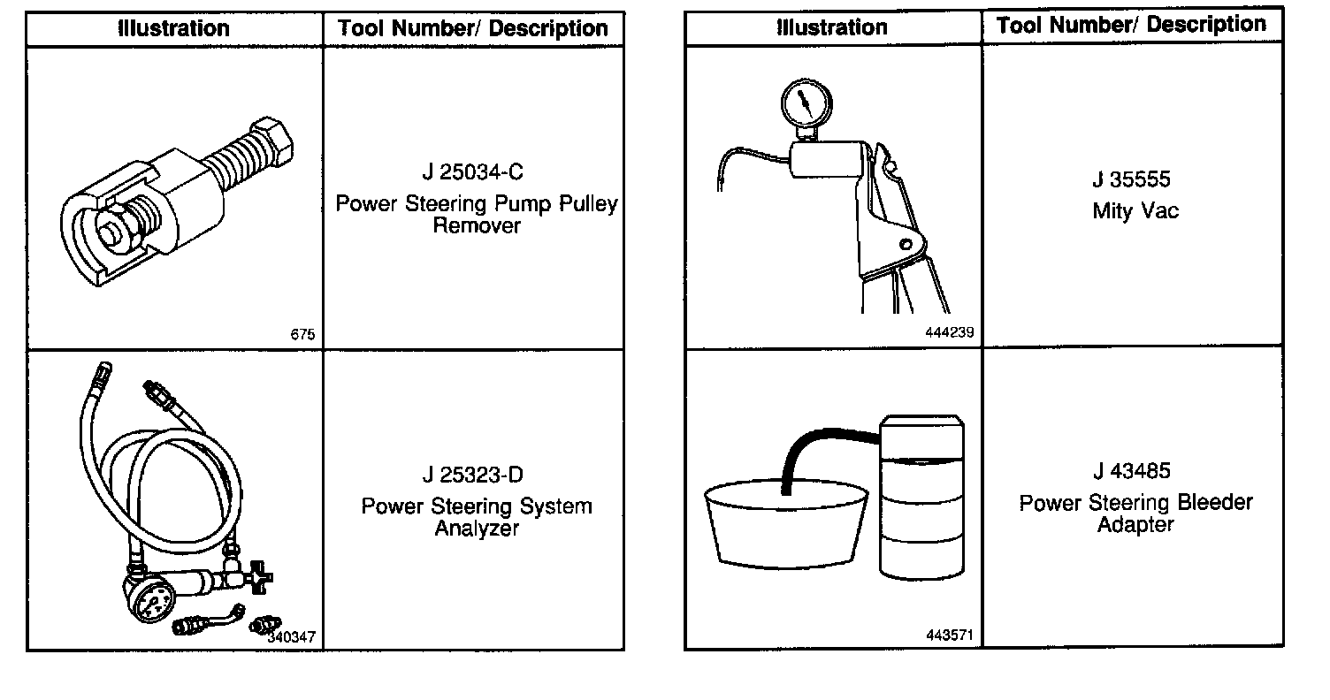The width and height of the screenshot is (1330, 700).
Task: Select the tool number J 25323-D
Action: pyautogui.click(x=472, y=476)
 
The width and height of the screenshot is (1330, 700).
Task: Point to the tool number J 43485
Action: pyautogui.click(x=1135, y=471)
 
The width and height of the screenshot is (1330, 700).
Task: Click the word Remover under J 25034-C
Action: pyautogui.click(x=477, y=226)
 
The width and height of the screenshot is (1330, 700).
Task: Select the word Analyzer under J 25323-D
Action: pyautogui.click(x=476, y=529)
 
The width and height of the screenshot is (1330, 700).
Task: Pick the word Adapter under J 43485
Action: pyautogui.click(x=1135, y=525)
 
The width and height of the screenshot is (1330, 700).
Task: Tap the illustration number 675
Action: pyautogui.click(x=302, y=335)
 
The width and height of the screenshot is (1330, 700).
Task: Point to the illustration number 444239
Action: pyautogui.click(x=950, y=332)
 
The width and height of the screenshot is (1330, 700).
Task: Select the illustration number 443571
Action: pyautogui.click(x=950, y=635)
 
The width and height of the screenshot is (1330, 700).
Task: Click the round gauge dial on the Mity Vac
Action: pyautogui.click(x=805, y=103)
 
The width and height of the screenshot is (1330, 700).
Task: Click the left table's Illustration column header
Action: pyautogui.click(x=174, y=28)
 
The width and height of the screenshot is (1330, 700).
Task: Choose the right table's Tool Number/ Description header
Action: pyautogui.click(x=1132, y=25)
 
